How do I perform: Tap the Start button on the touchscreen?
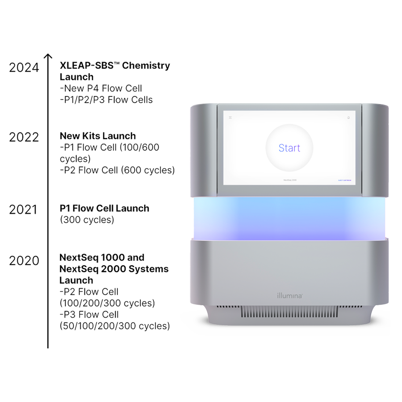(289, 148)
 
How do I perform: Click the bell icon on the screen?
(348, 117)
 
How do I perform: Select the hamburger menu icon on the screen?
(231, 117)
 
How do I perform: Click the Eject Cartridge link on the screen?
(344, 180)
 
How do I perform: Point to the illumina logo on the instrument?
(289, 295)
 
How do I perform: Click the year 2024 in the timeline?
(24, 67)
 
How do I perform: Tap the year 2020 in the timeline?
(24, 260)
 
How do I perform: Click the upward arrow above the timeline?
(48, 57)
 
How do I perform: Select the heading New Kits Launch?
(98, 136)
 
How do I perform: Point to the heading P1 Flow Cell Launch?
(105, 209)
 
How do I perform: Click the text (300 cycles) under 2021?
(87, 220)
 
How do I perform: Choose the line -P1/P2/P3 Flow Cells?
(106, 100)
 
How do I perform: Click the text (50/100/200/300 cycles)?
(115, 326)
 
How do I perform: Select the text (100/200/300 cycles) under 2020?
(107, 303)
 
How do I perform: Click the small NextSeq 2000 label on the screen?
(289, 180)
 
